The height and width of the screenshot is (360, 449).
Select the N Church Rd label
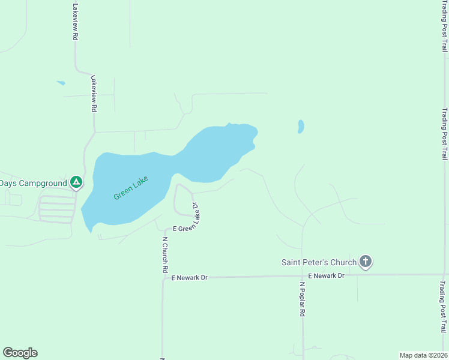(164, 255)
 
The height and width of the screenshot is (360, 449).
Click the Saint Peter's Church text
(319, 262)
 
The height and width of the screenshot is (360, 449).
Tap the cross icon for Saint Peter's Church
(366, 262)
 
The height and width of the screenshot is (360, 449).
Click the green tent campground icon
(76, 182)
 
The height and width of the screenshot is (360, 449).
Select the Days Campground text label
(34, 182)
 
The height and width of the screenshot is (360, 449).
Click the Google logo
(20, 353)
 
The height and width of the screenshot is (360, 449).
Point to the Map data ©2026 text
(423, 355)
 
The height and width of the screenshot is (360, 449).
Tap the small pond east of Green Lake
(301, 127)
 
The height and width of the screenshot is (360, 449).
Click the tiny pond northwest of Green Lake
(61, 83)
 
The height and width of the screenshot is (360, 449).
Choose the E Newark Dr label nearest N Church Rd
(189, 278)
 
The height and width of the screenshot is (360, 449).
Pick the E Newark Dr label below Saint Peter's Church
(326, 275)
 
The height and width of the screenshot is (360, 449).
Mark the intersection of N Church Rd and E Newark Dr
(163, 278)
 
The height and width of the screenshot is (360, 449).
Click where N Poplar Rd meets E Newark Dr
(303, 276)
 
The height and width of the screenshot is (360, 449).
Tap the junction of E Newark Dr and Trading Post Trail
(443, 274)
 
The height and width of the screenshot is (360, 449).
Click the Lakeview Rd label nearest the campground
(93, 94)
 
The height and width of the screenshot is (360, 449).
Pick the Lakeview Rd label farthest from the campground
(75, 22)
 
